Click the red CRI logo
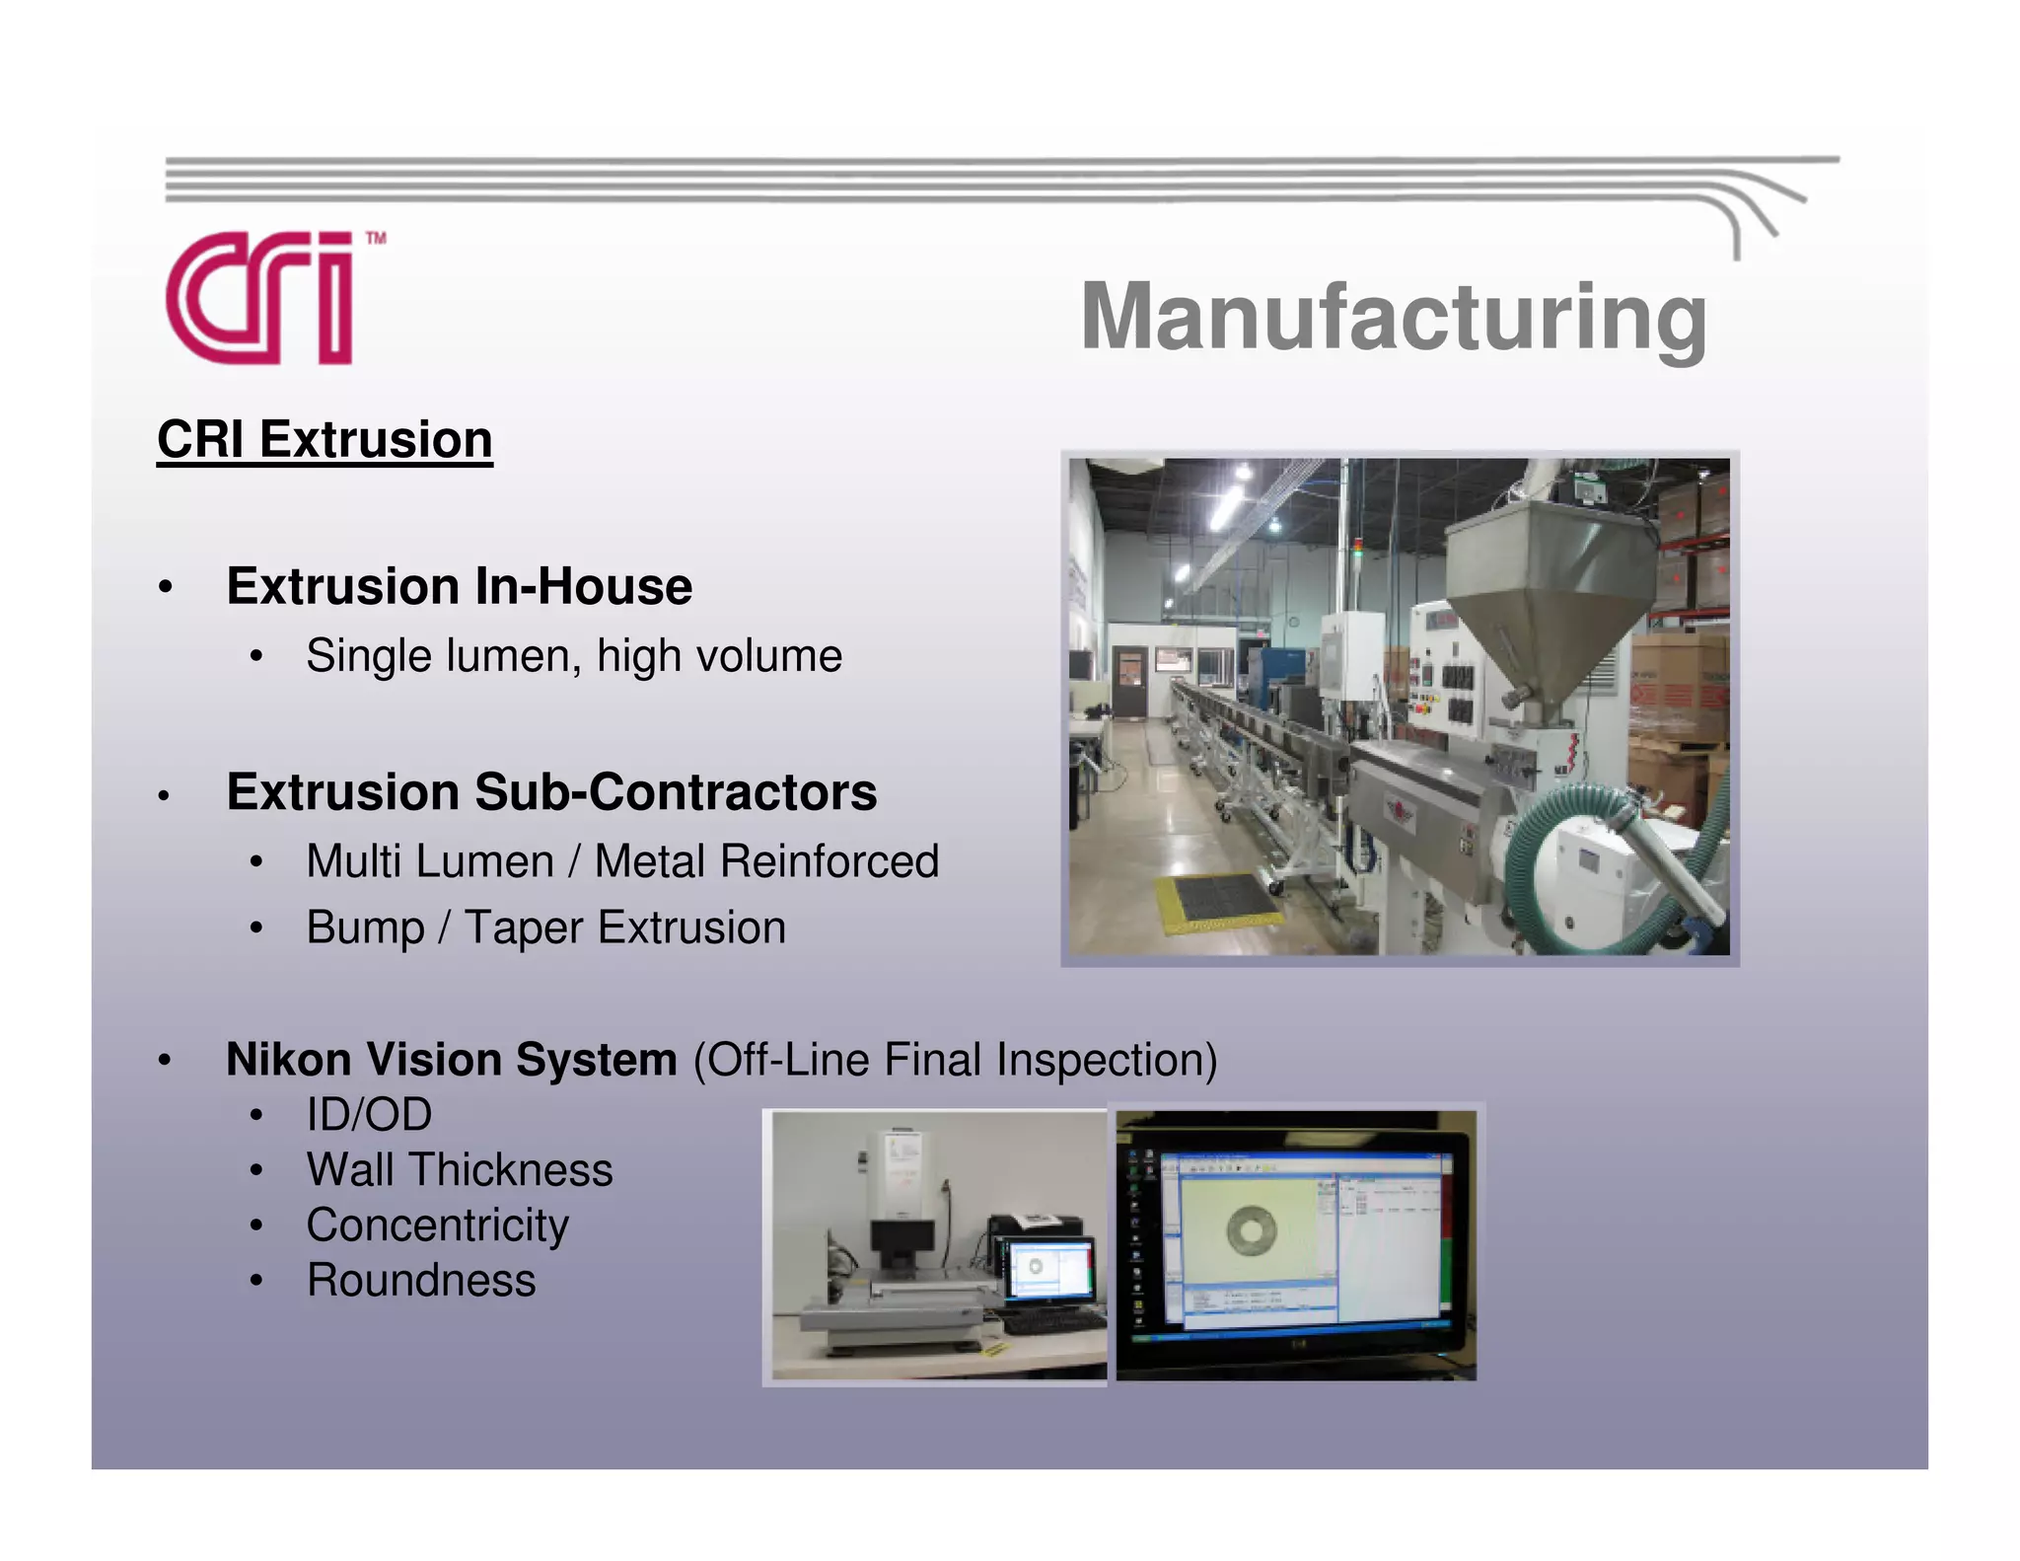pyautogui.click(x=258, y=298)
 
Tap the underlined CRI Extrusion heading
pyautogui.click(x=325, y=439)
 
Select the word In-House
pyautogui.click(x=583, y=586)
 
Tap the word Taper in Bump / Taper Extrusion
pyautogui.click(x=524, y=929)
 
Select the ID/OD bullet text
pyautogui.click(x=369, y=1115)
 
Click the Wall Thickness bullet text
pyautogui.click(x=460, y=1170)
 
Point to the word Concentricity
pyautogui.click(x=437, y=1226)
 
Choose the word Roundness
pyautogui.click(x=421, y=1281)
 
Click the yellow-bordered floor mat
pyautogui.click(x=1215, y=900)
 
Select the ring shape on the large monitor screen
pyautogui.click(x=1252, y=1229)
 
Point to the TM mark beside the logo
pyautogui.click(x=376, y=238)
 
